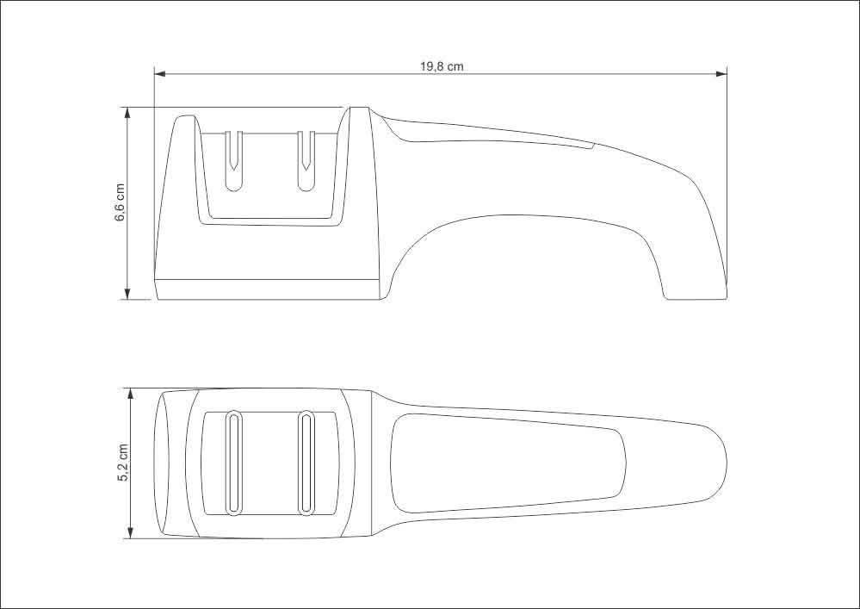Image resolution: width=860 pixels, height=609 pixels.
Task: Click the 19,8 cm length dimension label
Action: tap(442, 66)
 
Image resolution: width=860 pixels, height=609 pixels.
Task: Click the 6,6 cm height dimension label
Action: tap(121, 202)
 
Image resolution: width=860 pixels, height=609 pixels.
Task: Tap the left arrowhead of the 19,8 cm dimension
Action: tap(159, 73)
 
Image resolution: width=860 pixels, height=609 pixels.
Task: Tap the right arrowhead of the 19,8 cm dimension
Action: tap(721, 73)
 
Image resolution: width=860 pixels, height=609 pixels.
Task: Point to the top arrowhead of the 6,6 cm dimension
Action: tap(127, 113)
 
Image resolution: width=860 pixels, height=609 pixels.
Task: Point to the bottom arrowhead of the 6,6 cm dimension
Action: tap(127, 294)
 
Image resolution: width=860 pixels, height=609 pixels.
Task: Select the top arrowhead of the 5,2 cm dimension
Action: tap(131, 395)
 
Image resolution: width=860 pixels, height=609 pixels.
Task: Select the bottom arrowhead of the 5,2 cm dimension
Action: tap(131, 532)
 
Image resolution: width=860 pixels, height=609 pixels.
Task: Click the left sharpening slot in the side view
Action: tap(233, 161)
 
